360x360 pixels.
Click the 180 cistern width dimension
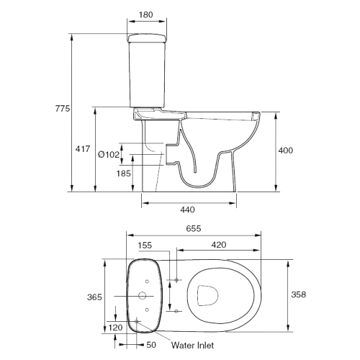pyautogui.click(x=145, y=14)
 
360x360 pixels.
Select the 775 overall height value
pyautogui.click(x=63, y=109)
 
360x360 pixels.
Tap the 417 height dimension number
pyautogui.click(x=83, y=149)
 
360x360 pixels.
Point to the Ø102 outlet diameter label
pyautogui.click(x=109, y=155)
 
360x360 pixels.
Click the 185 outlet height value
pyautogui.click(x=124, y=174)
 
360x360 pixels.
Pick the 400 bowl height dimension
pyautogui.click(x=286, y=150)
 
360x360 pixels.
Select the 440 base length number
pyautogui.click(x=187, y=210)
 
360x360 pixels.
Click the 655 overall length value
pyautogui.click(x=194, y=228)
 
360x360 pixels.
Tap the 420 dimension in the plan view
pyautogui.click(x=219, y=245)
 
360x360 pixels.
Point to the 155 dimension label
pyautogui.click(x=145, y=246)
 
